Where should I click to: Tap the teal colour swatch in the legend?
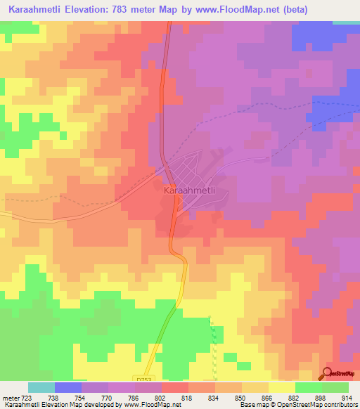[41, 387]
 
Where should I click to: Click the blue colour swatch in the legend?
[68, 387]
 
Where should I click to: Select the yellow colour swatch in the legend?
[282, 387]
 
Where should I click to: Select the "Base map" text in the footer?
[252, 405]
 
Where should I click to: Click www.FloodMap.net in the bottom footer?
[144, 405]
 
